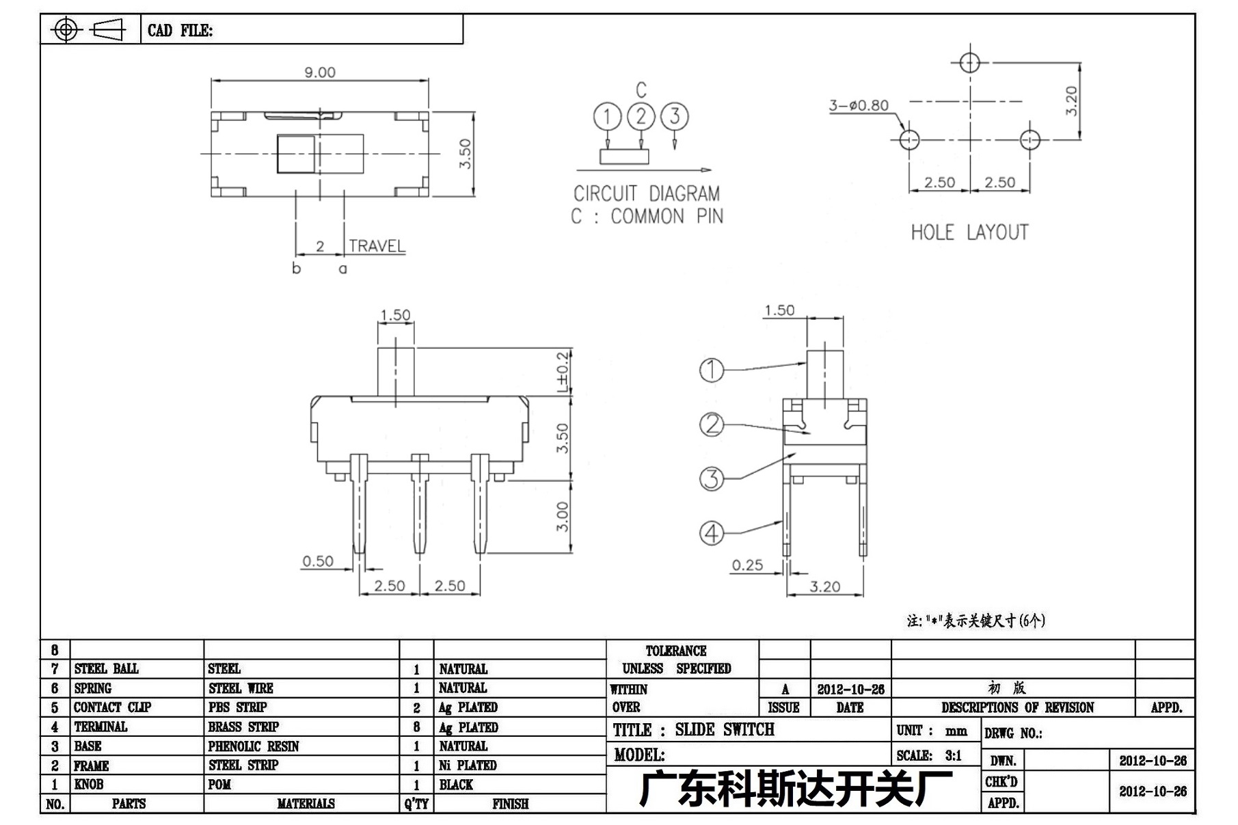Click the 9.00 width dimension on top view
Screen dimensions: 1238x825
(x=320, y=72)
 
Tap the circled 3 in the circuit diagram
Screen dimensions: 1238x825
(x=675, y=116)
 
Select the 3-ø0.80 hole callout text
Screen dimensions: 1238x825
(x=859, y=105)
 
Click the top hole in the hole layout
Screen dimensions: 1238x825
(x=969, y=63)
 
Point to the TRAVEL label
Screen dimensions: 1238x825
(x=377, y=246)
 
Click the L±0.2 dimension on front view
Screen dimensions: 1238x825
(x=563, y=372)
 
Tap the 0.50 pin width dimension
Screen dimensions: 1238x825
(x=318, y=561)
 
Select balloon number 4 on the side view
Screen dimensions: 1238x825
(x=712, y=533)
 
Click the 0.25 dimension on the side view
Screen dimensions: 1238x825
(x=747, y=565)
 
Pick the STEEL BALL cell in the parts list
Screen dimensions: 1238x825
(x=106, y=668)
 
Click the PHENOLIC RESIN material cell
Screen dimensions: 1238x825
(x=254, y=746)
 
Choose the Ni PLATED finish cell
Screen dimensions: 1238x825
(x=468, y=766)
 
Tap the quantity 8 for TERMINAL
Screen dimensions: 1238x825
(x=416, y=727)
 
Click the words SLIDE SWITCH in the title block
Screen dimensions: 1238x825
(x=725, y=730)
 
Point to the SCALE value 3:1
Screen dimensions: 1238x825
(x=953, y=755)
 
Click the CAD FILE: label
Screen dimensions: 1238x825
(x=180, y=31)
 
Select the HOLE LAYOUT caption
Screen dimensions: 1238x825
(x=969, y=233)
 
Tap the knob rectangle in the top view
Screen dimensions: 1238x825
(x=296, y=154)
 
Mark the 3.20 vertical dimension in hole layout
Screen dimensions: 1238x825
(x=1071, y=100)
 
